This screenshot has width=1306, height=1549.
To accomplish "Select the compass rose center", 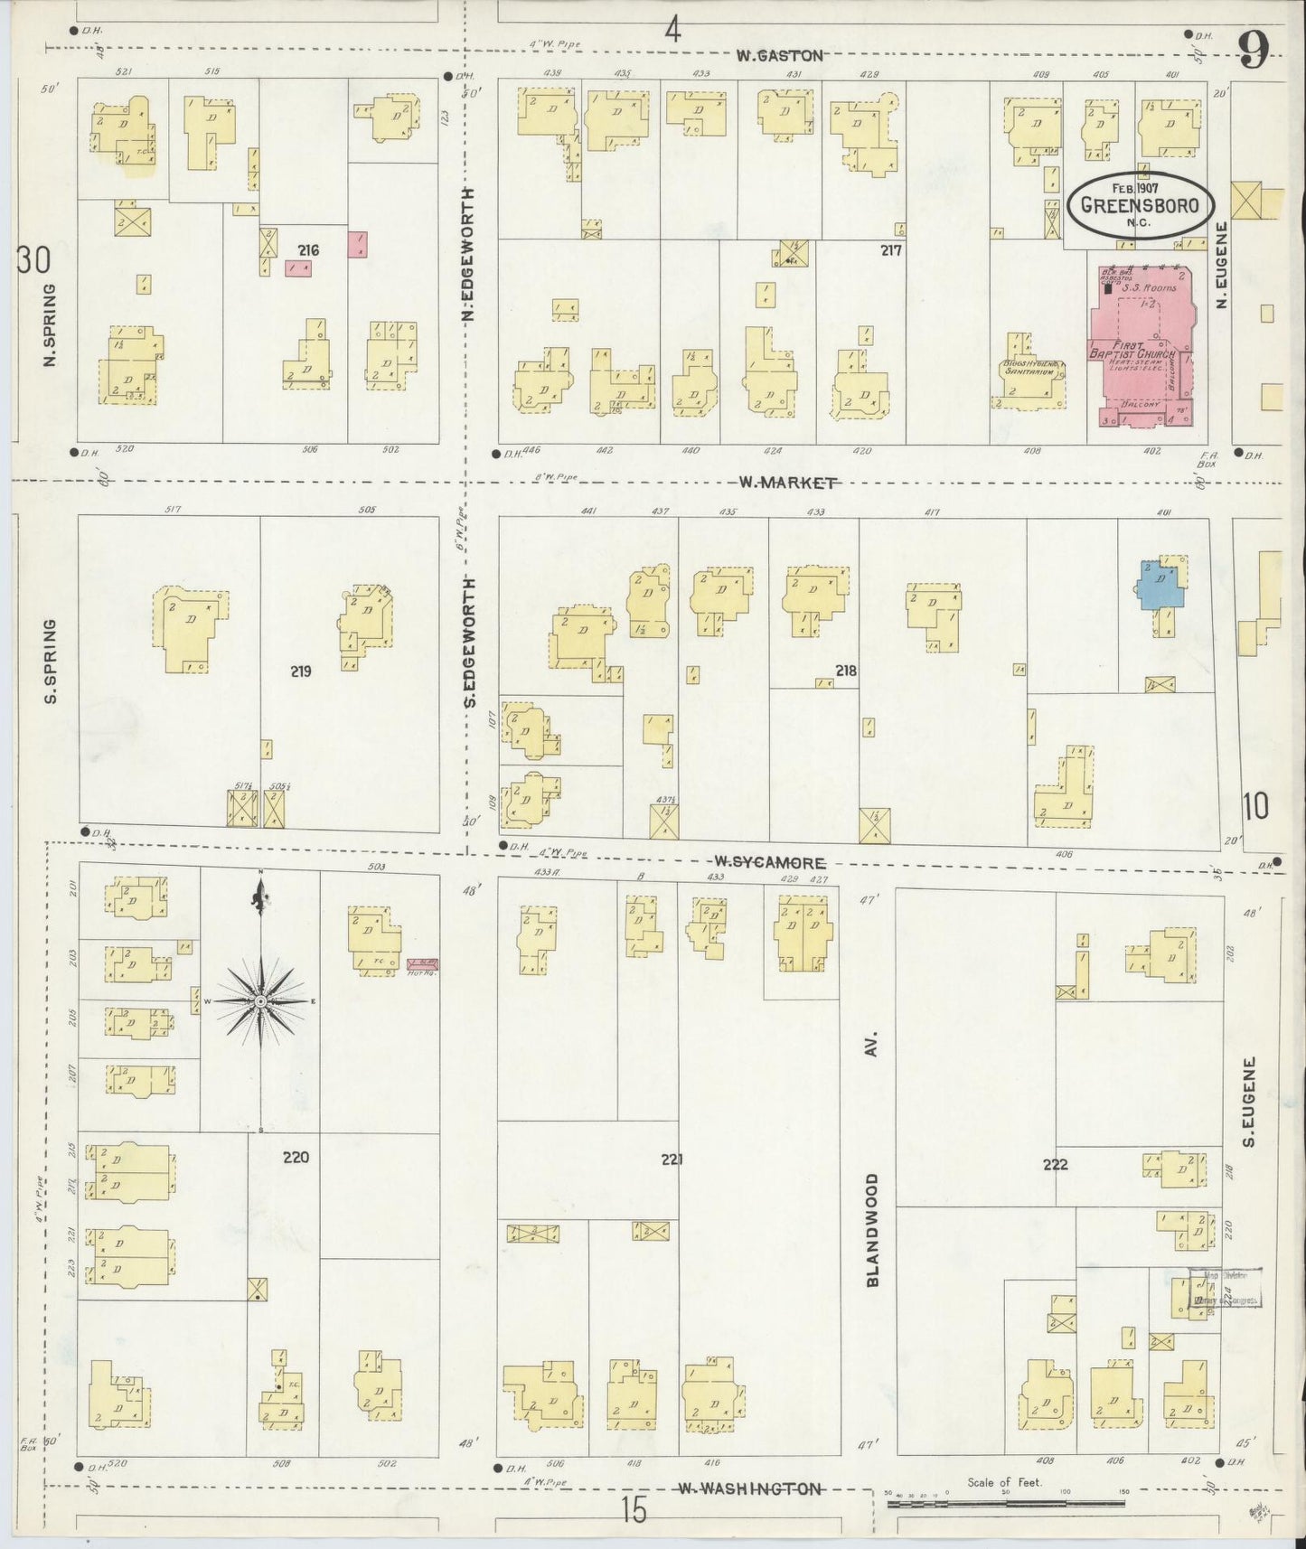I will click(261, 1001).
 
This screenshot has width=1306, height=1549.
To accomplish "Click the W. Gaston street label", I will click(779, 56).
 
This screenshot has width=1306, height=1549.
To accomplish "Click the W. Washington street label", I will click(750, 1488).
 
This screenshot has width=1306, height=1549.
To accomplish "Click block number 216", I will click(309, 249).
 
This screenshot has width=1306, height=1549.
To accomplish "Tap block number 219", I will click(301, 671).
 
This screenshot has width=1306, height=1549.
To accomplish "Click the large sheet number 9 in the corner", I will click(1253, 50).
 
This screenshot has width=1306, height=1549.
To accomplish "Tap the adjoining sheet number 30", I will click(33, 260).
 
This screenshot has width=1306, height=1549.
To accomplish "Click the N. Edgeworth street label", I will click(467, 255).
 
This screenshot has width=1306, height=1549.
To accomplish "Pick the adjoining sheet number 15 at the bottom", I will click(634, 1510).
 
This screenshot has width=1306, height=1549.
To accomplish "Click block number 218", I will click(846, 671).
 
